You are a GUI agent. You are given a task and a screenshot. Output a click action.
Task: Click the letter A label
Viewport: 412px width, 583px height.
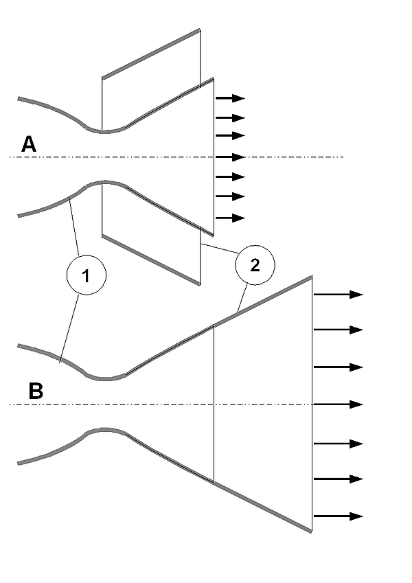(x=28, y=144)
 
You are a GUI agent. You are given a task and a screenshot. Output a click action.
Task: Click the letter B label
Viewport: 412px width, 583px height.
(x=36, y=391)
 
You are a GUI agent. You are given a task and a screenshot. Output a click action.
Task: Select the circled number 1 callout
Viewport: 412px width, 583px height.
(x=85, y=277)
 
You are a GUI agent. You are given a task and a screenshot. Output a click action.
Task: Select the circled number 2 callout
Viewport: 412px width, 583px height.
(x=255, y=266)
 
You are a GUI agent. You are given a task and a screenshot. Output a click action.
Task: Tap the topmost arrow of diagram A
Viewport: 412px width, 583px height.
(x=230, y=99)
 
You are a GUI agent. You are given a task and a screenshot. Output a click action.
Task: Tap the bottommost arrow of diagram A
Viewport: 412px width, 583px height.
(x=230, y=218)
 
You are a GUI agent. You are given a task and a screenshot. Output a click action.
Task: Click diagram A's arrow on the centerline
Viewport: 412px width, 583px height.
(x=230, y=157)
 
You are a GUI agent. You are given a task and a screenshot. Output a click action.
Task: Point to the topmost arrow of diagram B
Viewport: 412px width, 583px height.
(x=337, y=295)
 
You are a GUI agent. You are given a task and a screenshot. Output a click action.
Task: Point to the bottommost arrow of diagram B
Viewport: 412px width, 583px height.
(x=337, y=516)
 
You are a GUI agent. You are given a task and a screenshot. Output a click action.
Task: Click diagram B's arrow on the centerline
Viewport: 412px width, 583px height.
(x=337, y=404)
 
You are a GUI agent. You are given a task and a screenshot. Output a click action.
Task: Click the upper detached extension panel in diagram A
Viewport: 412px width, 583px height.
(x=151, y=54)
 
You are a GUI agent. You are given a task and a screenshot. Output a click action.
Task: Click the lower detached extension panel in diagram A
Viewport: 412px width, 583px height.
(x=151, y=260)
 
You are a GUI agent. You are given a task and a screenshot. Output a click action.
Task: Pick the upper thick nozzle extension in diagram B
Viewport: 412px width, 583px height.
(x=264, y=301)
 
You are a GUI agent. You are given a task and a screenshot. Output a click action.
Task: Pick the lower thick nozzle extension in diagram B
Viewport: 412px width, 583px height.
(x=264, y=507)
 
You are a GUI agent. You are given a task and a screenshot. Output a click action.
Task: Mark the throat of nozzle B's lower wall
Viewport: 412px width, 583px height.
(x=104, y=430)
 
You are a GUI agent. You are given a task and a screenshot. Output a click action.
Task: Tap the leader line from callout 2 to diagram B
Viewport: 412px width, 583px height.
(x=242, y=299)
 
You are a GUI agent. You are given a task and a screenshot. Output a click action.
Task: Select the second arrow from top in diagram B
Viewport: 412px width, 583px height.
(x=337, y=330)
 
